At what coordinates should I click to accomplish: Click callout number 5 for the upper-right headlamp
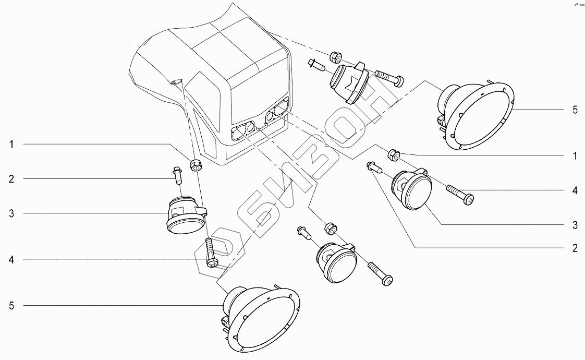[575, 110]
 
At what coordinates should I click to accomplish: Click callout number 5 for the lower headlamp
[11, 306]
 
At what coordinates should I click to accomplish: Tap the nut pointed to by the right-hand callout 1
[394, 154]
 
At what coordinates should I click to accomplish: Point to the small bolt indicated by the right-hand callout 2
[375, 167]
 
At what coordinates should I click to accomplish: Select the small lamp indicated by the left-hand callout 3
[184, 215]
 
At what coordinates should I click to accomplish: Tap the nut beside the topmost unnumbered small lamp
[335, 56]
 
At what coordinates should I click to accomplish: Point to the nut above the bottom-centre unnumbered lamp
[330, 227]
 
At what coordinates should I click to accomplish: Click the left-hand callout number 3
[11, 214]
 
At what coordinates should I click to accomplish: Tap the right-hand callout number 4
[575, 191]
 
